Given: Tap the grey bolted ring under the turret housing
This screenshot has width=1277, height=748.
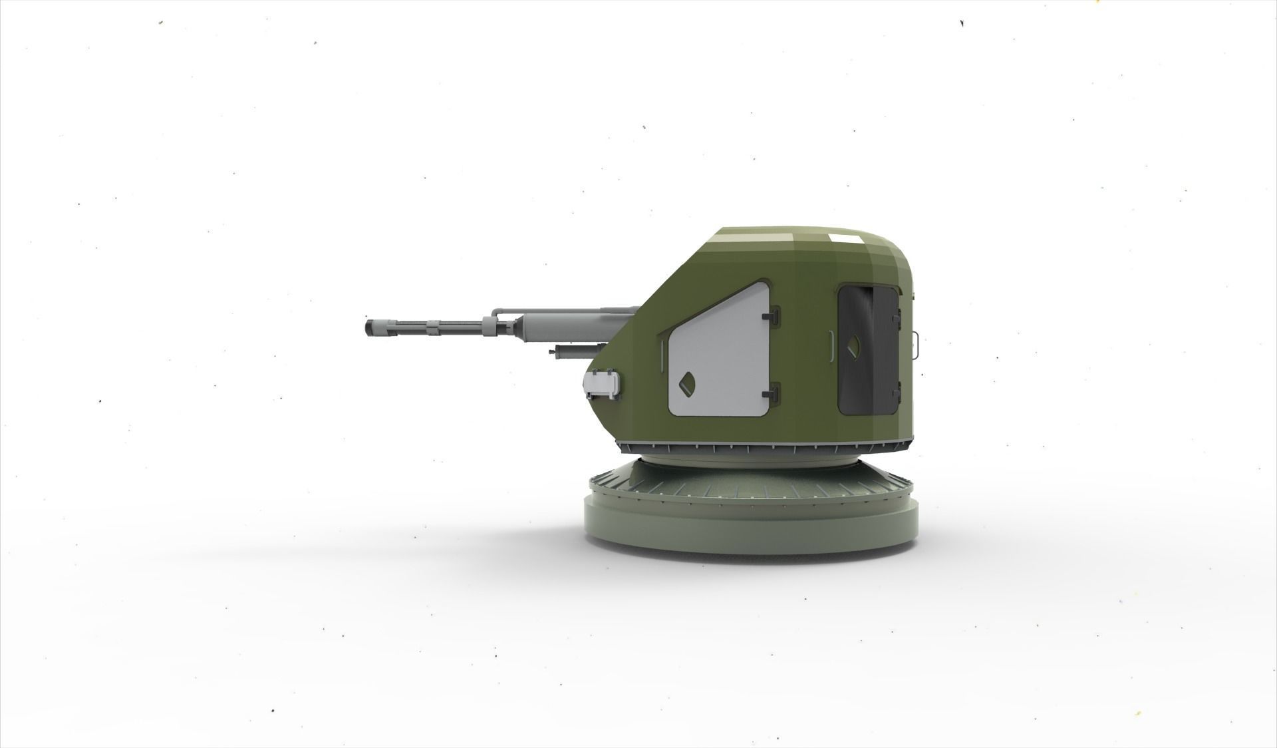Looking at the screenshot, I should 765,443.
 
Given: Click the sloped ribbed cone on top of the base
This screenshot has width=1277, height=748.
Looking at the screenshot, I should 752,482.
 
